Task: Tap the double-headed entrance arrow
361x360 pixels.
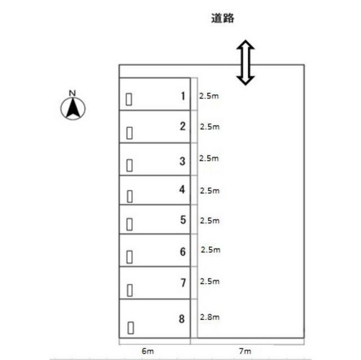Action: [x=245, y=63]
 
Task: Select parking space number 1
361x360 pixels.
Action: [x=182, y=96]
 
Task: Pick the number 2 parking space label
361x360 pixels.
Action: [x=182, y=126]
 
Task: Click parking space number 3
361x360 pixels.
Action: [x=182, y=161]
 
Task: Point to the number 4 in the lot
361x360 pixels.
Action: [x=182, y=189]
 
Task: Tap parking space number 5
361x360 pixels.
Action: [x=183, y=220]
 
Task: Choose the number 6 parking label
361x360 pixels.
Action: [x=182, y=251]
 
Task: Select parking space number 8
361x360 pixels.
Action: [x=182, y=319]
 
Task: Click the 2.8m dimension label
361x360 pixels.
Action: [x=209, y=317]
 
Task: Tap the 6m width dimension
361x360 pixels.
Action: [x=148, y=351]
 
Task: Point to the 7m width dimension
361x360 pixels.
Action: [x=244, y=351]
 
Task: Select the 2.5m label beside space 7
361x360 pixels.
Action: [x=210, y=281]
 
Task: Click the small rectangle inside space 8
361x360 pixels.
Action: [x=131, y=327]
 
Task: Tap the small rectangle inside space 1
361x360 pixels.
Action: [x=129, y=99]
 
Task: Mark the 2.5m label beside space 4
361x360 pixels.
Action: [x=209, y=191]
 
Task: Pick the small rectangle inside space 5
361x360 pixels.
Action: [x=130, y=224]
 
